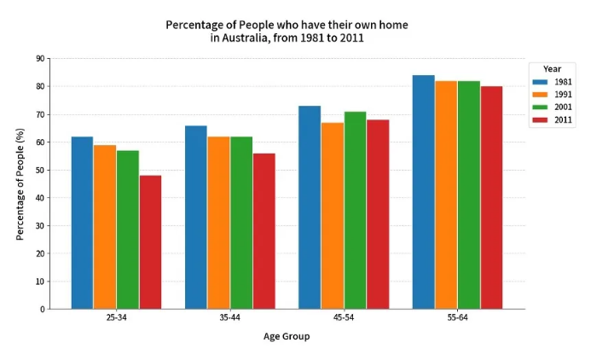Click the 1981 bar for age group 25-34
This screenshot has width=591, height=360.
(82, 223)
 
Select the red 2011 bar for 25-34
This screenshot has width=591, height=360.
(150, 242)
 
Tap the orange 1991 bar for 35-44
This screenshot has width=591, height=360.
(218, 223)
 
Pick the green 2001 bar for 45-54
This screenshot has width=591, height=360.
(355, 210)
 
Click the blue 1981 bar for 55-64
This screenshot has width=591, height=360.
(423, 192)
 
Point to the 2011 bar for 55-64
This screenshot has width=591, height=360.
(491, 197)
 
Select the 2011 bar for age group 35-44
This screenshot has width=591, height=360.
(264, 231)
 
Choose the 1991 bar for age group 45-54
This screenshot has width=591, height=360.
(333, 216)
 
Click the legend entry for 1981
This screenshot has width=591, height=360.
(550, 82)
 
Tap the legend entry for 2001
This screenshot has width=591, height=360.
(550, 107)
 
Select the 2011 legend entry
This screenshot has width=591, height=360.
(550, 120)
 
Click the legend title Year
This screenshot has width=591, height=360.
(552, 69)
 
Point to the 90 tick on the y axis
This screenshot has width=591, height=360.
(41, 59)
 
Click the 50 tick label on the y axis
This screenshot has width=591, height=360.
(41, 170)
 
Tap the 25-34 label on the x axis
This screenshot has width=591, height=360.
(116, 317)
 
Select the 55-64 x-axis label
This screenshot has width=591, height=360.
(457, 317)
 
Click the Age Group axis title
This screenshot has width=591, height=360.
(287, 336)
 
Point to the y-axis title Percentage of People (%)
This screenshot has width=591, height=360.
(20, 184)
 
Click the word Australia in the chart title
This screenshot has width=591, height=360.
(253, 38)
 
